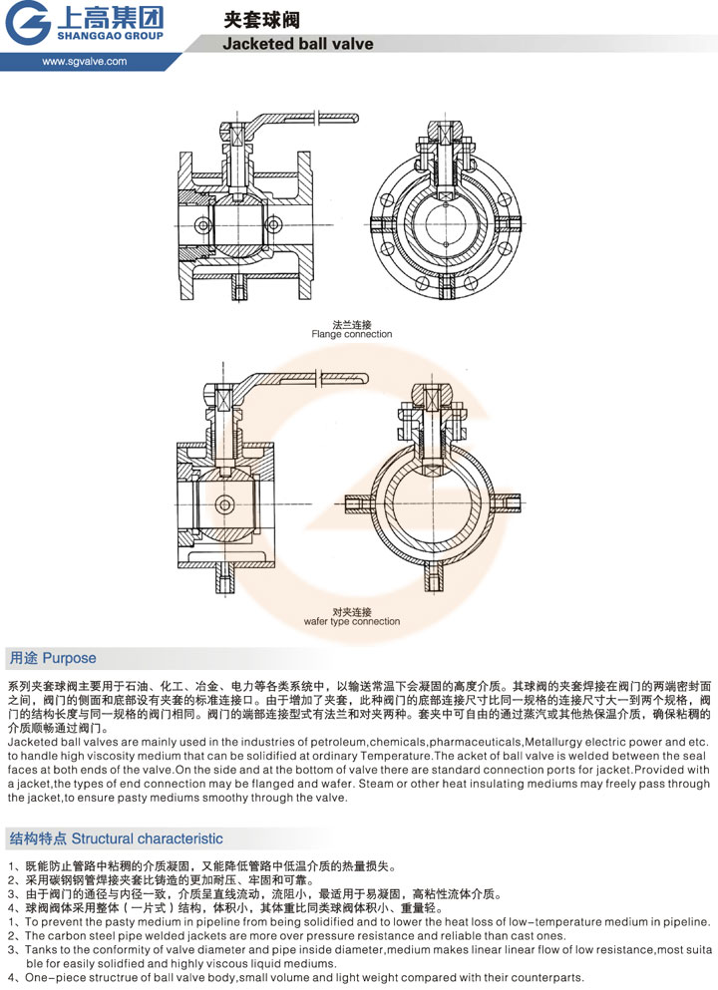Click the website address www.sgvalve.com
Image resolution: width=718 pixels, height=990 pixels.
[85, 61]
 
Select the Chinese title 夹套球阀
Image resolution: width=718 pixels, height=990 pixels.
[261, 20]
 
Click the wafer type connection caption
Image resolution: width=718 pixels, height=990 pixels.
[352, 621]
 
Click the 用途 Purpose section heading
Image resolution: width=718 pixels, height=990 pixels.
[53, 658]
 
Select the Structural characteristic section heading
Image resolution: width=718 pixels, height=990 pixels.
[116, 838]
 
